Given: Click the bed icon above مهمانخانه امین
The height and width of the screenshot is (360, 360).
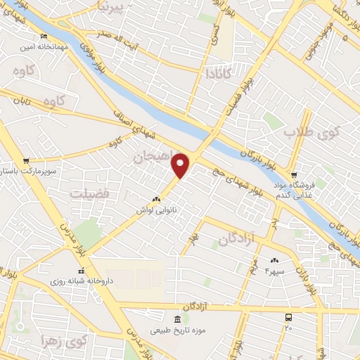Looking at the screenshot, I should point(46,37).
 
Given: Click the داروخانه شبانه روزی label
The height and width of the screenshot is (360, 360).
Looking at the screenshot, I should point(81,280).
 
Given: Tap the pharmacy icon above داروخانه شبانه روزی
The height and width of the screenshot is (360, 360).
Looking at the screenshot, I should point(82,270).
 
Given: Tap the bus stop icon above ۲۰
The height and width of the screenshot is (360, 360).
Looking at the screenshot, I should point(288,318).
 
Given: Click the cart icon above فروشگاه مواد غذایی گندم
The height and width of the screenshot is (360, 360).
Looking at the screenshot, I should point(295,175).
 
